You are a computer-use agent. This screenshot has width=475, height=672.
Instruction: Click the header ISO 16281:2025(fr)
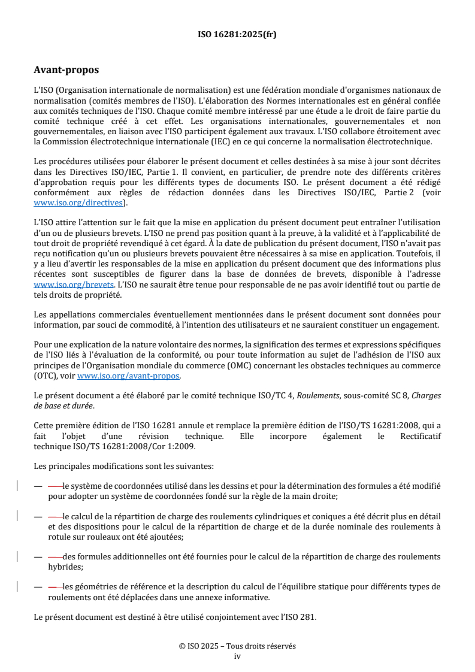[237, 35]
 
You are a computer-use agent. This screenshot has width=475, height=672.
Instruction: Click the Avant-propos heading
[66, 70]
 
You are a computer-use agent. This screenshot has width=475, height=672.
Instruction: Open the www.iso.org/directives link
[80, 203]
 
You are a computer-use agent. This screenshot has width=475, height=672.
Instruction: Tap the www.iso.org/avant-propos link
[128, 376]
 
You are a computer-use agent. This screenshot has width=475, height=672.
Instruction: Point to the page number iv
[237, 656]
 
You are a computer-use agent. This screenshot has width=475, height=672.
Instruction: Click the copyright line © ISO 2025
[237, 646]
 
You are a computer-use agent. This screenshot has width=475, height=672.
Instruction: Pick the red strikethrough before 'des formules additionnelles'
[55, 557]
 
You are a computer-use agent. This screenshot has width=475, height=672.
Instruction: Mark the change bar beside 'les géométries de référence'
[18, 586]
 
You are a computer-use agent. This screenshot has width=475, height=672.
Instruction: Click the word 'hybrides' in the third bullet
[65, 566]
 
